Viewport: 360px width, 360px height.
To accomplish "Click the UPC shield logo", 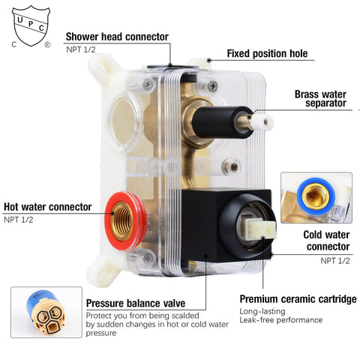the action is (x=31, y=26).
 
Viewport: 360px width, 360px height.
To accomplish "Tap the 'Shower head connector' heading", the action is (x=117, y=37).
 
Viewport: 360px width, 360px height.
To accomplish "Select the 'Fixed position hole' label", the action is (x=267, y=53).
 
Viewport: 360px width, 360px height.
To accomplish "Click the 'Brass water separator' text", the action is (x=320, y=98).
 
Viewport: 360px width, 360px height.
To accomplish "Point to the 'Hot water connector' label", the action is (x=48, y=207).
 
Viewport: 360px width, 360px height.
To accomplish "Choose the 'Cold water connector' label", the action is (x=326, y=241).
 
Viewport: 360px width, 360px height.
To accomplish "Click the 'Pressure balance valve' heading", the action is (x=136, y=303).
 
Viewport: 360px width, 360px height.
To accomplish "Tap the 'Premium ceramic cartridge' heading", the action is (x=298, y=299).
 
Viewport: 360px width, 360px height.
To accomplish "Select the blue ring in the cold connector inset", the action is (x=316, y=197).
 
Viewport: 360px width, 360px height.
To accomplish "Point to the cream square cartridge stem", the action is (x=260, y=228).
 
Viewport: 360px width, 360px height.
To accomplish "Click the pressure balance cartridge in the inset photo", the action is (x=46, y=313).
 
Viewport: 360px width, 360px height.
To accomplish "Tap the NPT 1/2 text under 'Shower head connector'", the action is (x=81, y=49).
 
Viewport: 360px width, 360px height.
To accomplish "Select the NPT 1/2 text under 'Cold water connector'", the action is (x=335, y=261).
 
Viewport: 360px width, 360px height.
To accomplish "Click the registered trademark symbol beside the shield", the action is (x=47, y=45).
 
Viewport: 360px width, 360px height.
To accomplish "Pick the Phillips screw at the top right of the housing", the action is (x=213, y=86).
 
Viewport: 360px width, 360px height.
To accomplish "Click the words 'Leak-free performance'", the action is (x=280, y=319).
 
